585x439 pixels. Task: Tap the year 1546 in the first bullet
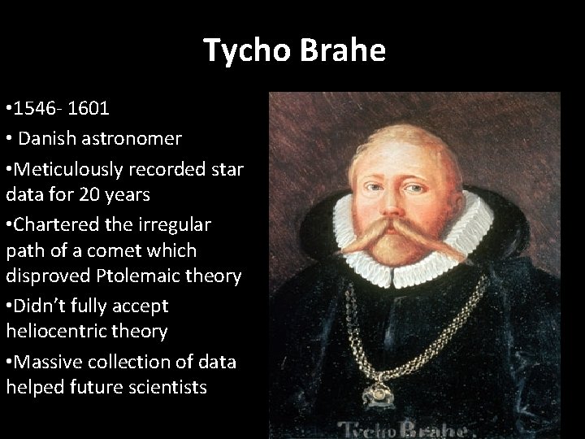point(41,109)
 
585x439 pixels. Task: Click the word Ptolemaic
point(145,276)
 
